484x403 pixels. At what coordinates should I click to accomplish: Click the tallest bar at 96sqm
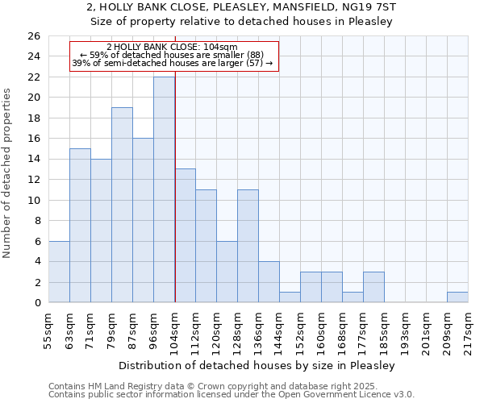(164, 189)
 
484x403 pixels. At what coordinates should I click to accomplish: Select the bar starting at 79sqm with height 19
(122, 205)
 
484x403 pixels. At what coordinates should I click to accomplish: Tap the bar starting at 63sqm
(80, 226)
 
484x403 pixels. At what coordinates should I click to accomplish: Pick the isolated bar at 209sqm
(457, 297)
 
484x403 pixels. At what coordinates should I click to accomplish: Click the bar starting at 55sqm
(59, 272)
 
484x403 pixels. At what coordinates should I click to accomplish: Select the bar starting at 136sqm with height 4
(269, 282)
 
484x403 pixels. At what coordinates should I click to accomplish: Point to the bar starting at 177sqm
(373, 287)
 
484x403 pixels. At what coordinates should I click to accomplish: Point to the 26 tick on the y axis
(33, 36)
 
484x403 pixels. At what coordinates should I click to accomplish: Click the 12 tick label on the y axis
(33, 180)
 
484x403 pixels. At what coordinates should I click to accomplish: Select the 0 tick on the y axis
(36, 303)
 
